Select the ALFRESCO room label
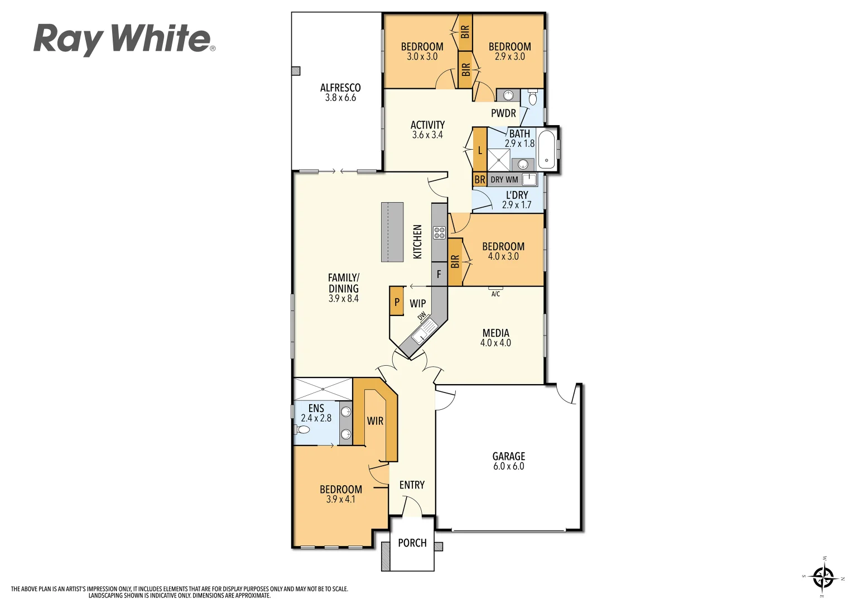click(x=340, y=88)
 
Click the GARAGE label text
click(x=508, y=456)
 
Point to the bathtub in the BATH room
click(x=547, y=149)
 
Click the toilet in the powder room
click(x=532, y=98)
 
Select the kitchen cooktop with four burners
click(x=439, y=233)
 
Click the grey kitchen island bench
click(x=392, y=232)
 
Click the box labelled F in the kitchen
click(x=439, y=274)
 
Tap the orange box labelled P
click(x=397, y=301)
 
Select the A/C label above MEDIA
click(x=495, y=294)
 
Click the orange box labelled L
click(x=480, y=150)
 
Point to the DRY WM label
click(x=504, y=180)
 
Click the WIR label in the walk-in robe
click(x=375, y=421)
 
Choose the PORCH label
click(x=412, y=543)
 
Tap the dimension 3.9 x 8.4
click(x=344, y=299)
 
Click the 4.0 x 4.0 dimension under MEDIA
click(x=495, y=343)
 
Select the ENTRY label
click(x=412, y=485)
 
